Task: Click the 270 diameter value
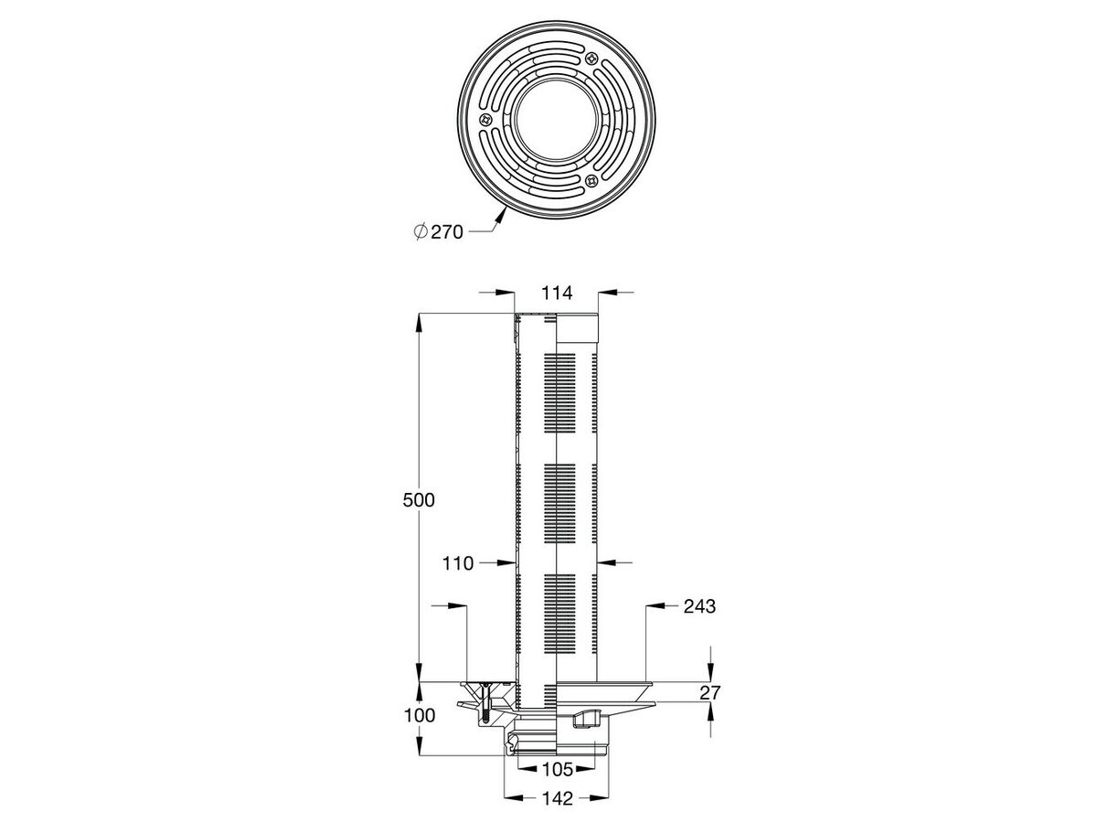pyautogui.click(x=447, y=232)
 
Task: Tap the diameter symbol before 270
pyautogui.click(x=420, y=232)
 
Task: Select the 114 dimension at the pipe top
pyautogui.click(x=556, y=293)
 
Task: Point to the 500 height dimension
pyautogui.click(x=417, y=500)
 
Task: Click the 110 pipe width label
pyautogui.click(x=457, y=563)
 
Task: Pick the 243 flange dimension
pyautogui.click(x=698, y=606)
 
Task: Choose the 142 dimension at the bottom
pyautogui.click(x=557, y=798)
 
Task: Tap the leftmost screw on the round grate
pyautogui.click(x=485, y=120)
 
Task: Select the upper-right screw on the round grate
pyautogui.click(x=592, y=59)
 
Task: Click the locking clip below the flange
pyautogui.click(x=582, y=721)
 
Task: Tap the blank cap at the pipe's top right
pyautogui.click(x=578, y=329)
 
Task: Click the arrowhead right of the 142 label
pyautogui.click(x=590, y=798)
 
